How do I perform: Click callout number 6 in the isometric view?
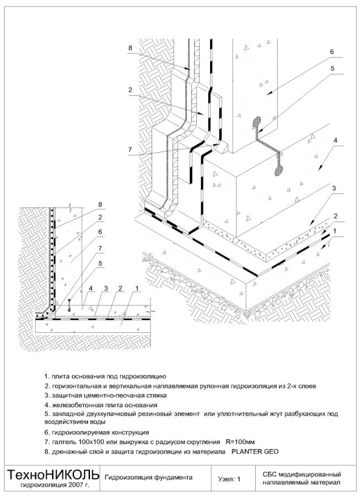pyautogui.click(x=332, y=52)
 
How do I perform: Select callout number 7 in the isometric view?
pyautogui.click(x=130, y=150)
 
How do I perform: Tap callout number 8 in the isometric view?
pyautogui.click(x=130, y=48)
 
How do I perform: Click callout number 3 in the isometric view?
pyautogui.click(x=334, y=188)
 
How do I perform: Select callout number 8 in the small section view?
pyautogui.click(x=100, y=204)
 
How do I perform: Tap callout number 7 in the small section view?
pyautogui.click(x=100, y=249)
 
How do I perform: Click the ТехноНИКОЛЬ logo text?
pyautogui.click(x=53, y=475)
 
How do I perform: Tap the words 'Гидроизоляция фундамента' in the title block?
pyautogui.click(x=148, y=478)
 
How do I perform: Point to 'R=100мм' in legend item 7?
pyautogui.click(x=239, y=442)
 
